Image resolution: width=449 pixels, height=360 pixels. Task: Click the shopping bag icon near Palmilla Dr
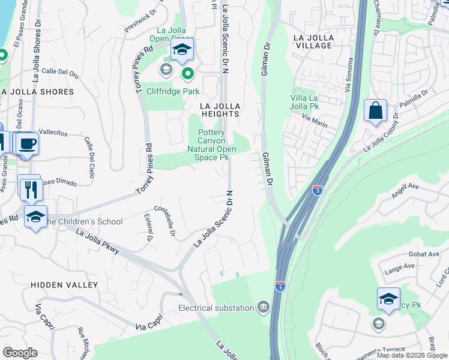(375, 111)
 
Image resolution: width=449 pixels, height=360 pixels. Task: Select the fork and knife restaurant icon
(29, 188)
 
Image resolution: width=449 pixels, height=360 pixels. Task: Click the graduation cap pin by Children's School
(35, 217)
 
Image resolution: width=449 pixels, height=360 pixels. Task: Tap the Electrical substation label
(216, 308)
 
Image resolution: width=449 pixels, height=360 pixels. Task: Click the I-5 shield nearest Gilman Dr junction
(317, 190)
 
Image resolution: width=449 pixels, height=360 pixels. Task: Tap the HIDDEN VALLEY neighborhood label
(64, 284)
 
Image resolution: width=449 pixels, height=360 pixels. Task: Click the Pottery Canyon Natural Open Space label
(208, 145)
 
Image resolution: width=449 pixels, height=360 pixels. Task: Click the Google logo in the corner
(20, 353)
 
